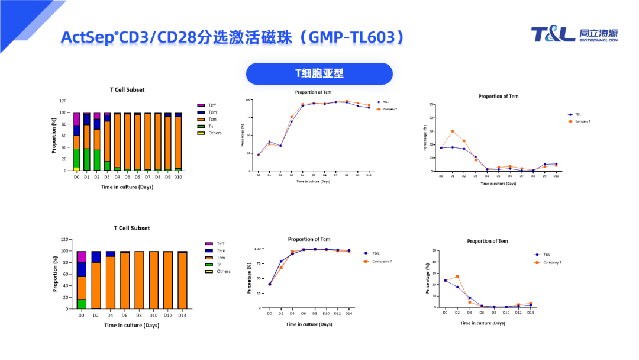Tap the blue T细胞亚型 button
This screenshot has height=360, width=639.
click(x=319, y=73)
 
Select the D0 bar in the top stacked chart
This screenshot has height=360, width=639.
click(x=77, y=142)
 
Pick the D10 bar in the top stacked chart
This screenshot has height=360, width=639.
click(x=178, y=142)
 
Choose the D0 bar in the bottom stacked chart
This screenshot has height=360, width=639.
click(x=82, y=278)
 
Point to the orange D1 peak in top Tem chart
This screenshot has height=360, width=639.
click(x=453, y=131)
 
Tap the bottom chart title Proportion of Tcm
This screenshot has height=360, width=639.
click(x=309, y=239)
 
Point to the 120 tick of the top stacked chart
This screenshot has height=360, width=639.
click(x=63, y=101)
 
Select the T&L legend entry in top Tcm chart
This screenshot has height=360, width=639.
click(x=385, y=102)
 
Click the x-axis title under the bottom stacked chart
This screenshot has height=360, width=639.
click(x=131, y=325)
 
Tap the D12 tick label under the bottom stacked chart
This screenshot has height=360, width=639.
click(x=167, y=315)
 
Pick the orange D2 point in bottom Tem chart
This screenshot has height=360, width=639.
click(x=457, y=277)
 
